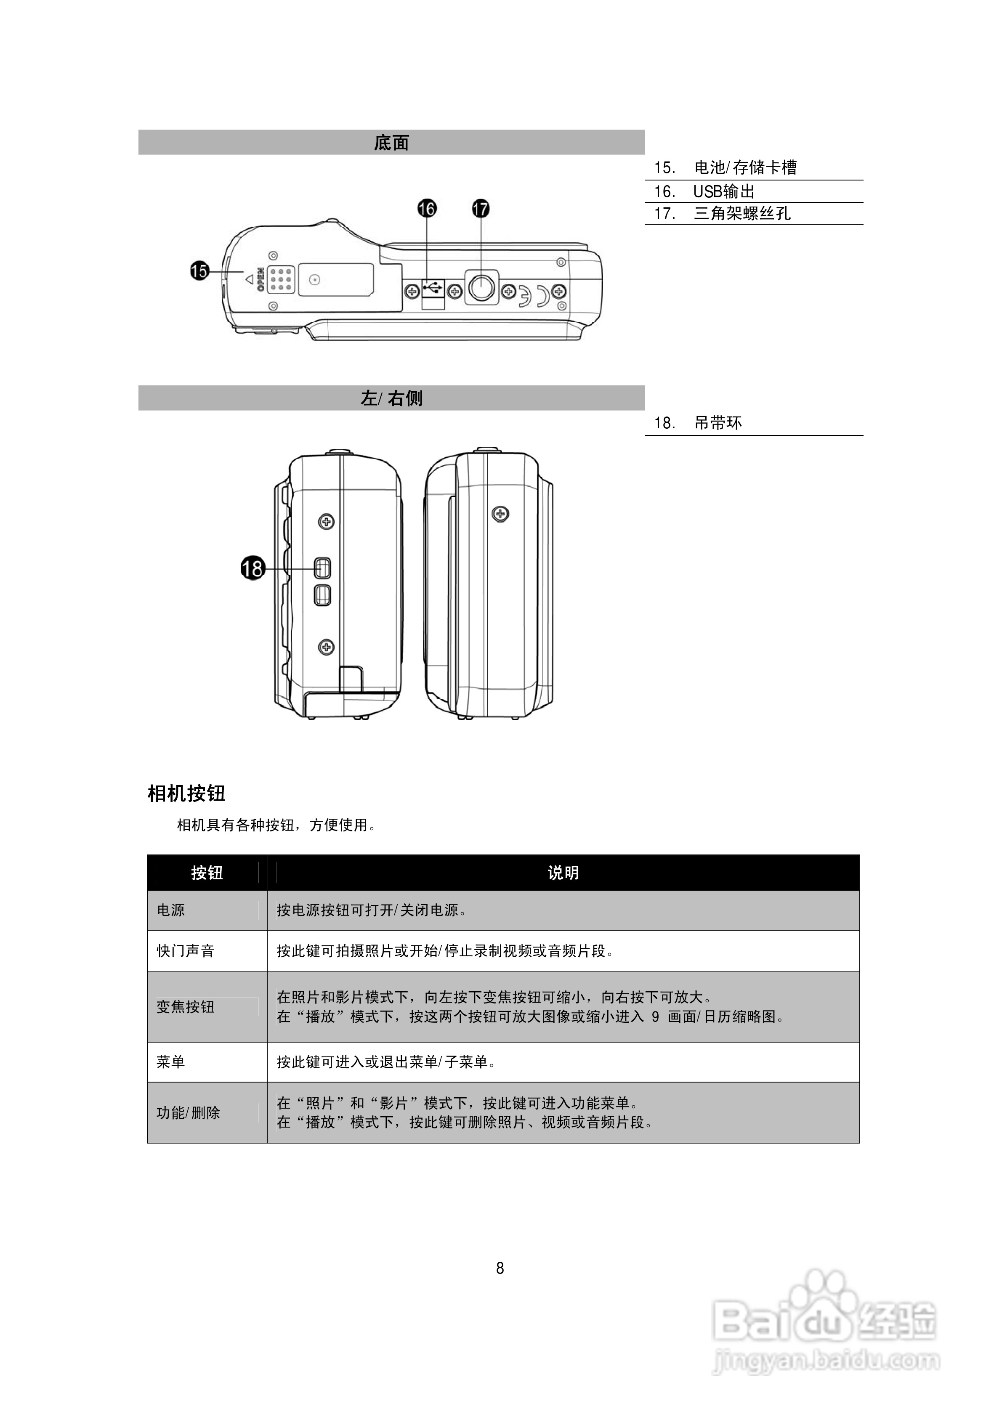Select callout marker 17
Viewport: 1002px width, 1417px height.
tap(480, 209)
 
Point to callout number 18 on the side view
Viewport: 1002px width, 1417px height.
tap(252, 568)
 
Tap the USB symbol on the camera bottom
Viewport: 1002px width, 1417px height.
tap(433, 287)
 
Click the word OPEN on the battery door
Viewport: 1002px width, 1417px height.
tap(260, 279)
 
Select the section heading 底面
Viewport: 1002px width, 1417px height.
tap(391, 143)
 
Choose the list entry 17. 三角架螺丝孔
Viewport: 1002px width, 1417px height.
tap(722, 214)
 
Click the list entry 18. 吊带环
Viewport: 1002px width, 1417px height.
tap(698, 423)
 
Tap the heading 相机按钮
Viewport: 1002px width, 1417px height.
tap(186, 793)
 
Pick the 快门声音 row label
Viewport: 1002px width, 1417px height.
tap(185, 951)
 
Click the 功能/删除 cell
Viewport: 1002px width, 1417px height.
tap(188, 1113)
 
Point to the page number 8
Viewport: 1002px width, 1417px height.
tap(500, 1268)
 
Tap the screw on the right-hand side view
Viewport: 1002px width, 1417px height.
tap(500, 513)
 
